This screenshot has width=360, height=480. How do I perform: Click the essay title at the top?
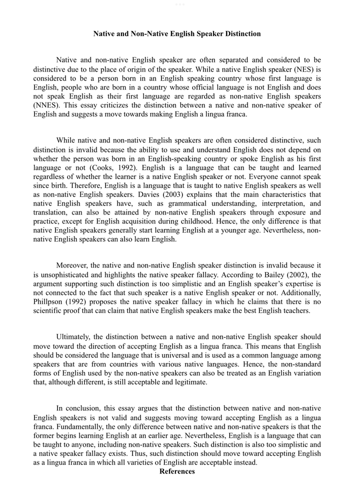(177, 34)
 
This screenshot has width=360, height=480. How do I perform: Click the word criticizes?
(109, 105)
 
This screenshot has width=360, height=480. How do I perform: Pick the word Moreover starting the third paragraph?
(72, 265)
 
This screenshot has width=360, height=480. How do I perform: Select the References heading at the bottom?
(177, 471)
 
